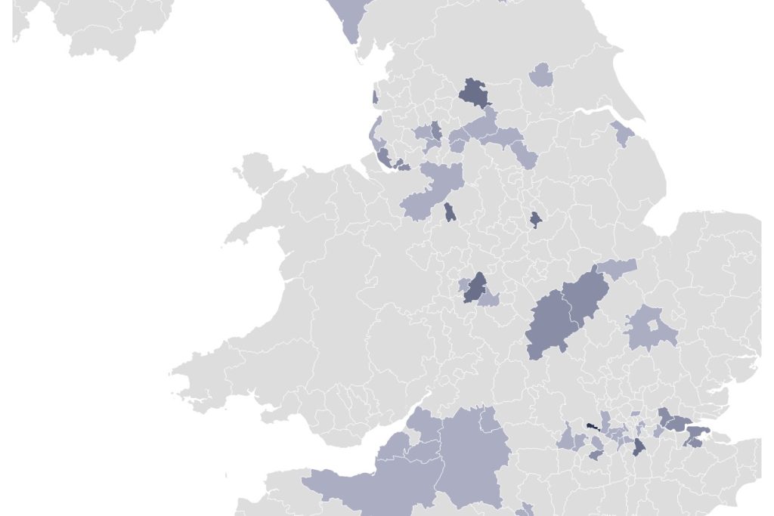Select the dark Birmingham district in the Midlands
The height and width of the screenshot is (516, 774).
[475, 288]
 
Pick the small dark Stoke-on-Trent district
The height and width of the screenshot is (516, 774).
[450, 212]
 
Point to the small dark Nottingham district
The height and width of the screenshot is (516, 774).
[535, 219]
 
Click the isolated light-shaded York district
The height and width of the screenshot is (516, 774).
[541, 76]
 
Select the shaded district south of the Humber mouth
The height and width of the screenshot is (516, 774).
[623, 134]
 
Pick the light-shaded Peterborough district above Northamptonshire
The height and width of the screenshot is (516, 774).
[618, 268]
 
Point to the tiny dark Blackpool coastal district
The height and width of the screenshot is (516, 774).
[375, 97]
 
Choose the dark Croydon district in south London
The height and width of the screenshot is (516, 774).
[639, 447]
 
